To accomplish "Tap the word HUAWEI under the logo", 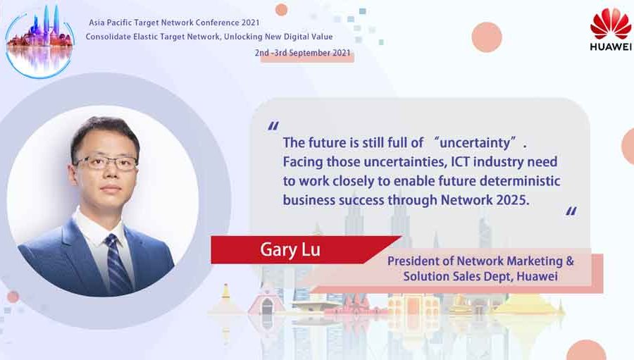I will tap(610, 47).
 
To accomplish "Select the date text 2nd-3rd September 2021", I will tap(303, 54).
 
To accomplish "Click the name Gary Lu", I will tap(290, 249).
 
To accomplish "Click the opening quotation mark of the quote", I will tap(273, 127).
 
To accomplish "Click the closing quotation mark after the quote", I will tap(571, 211).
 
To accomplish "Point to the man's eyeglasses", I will tap(107, 163).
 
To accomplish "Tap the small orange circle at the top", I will tap(281, 9).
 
